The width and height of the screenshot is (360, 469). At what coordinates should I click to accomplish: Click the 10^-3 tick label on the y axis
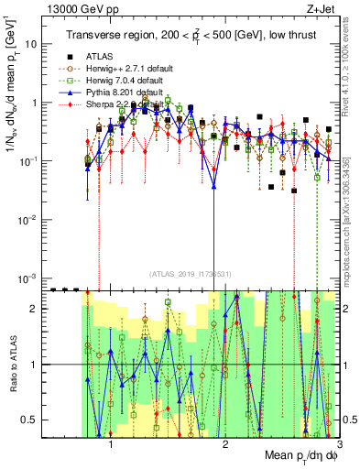[x=27, y=278]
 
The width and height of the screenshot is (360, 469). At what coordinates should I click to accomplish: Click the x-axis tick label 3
[x=338, y=444]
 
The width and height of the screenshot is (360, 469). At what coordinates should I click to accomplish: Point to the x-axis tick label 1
[x=111, y=444]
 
